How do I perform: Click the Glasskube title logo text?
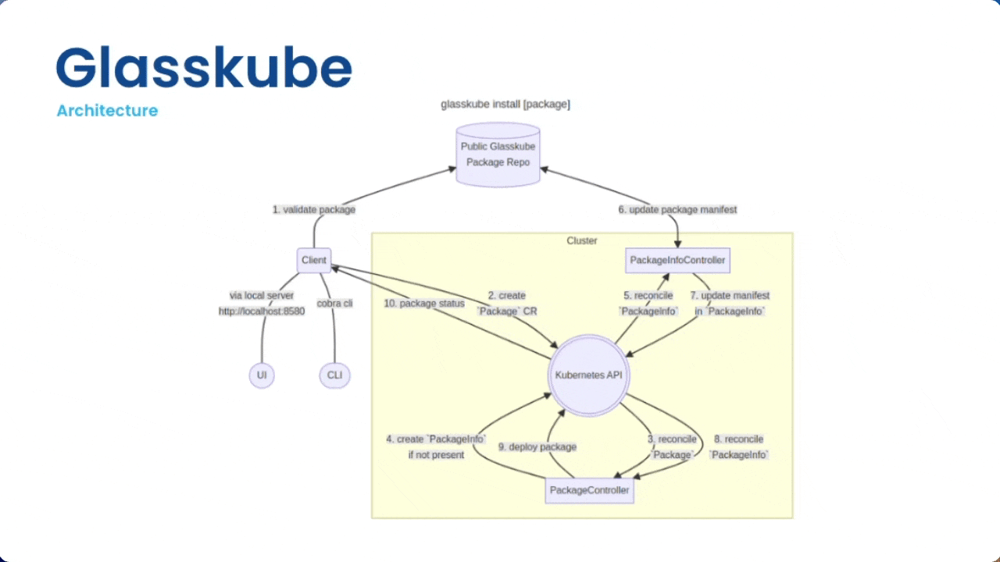coord(204,68)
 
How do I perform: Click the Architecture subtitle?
coord(107,111)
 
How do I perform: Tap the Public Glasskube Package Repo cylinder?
coord(498,155)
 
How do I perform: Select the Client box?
coord(314,260)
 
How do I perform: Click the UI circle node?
coord(262,375)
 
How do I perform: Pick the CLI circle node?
coord(334,375)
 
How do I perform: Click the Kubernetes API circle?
coord(587,375)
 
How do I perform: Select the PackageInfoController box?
coord(677,260)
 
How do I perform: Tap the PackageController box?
coord(589,490)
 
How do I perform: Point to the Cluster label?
coord(582,240)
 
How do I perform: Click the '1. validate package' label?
coord(313,210)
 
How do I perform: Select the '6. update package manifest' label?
coord(677,210)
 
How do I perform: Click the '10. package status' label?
coord(424,304)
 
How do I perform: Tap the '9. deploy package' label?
coord(537,447)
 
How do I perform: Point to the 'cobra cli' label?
coord(334,303)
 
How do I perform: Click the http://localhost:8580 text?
coord(262,311)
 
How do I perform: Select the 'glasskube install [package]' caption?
coord(505,104)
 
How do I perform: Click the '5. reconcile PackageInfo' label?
coord(648,304)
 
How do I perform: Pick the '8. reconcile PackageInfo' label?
coord(738,447)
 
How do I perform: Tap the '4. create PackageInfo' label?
coord(436,446)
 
